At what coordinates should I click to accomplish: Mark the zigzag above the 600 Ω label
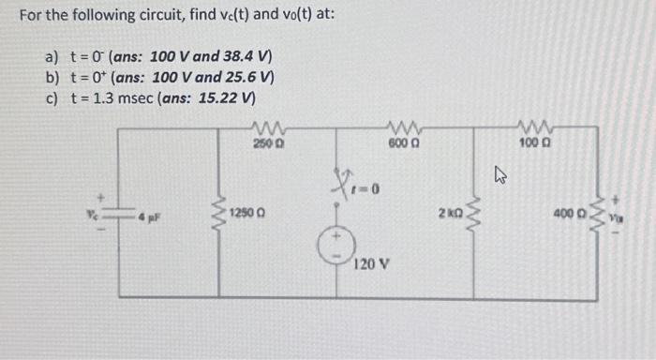coord(403,127)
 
